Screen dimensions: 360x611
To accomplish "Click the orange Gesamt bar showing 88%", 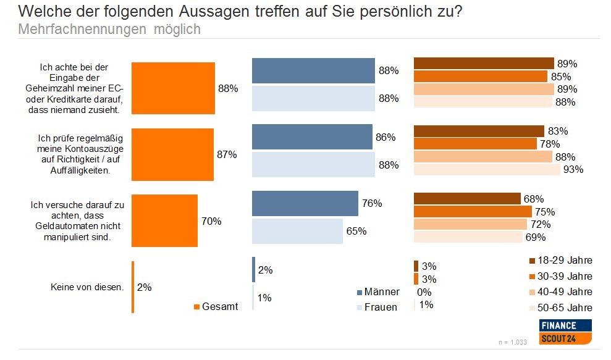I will pos(173,88).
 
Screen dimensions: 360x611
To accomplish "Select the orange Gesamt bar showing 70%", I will pos(164,220).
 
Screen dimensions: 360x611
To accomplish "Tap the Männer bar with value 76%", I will pos(305,203).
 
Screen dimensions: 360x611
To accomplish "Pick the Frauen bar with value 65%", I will pos(297,232).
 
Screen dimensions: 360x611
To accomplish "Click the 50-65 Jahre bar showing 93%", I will pos(487,169).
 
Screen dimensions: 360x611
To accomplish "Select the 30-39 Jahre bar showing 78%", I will pos(474,144).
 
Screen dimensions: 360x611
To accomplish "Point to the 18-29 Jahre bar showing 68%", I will pos(467,199).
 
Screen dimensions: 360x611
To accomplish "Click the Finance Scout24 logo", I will pos(566,332).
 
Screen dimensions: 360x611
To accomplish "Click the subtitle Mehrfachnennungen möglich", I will pos(109,29).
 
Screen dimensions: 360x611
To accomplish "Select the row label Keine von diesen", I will pos(87,287).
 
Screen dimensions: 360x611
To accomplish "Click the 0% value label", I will pos(424,292).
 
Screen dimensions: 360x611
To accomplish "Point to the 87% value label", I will pos(227,155).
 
